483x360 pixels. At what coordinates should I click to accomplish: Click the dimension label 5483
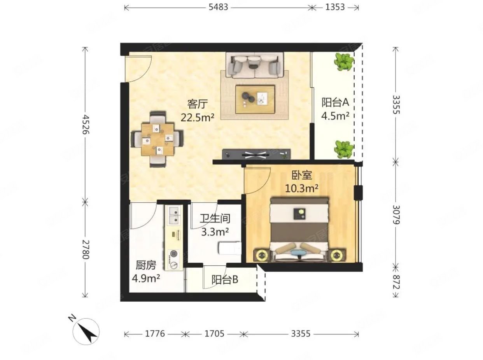[x=218, y=7]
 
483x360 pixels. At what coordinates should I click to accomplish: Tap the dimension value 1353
[x=335, y=7]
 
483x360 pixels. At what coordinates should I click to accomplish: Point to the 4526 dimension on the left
[x=86, y=125]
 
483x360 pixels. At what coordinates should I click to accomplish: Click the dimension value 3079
[x=396, y=215]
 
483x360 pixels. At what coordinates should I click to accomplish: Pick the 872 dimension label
[x=396, y=282]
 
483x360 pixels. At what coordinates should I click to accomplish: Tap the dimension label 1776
[x=155, y=334]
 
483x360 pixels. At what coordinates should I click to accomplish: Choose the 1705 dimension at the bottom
[x=214, y=334]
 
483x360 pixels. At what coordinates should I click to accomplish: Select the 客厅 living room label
[x=198, y=104]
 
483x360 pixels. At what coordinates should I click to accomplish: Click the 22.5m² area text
[x=198, y=118]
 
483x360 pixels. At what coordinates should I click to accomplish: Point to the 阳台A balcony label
[x=336, y=102]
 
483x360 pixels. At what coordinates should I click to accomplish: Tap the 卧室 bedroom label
[x=302, y=175]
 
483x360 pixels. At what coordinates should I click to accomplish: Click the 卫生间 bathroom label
[x=215, y=219]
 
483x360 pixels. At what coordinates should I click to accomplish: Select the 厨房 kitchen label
[x=146, y=265]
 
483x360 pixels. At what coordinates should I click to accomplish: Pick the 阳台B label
[x=225, y=280]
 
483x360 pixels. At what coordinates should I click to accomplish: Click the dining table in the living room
[x=157, y=140]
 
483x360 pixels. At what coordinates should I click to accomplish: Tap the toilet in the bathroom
[x=230, y=248]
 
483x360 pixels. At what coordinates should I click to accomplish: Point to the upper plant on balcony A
[x=345, y=61]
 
